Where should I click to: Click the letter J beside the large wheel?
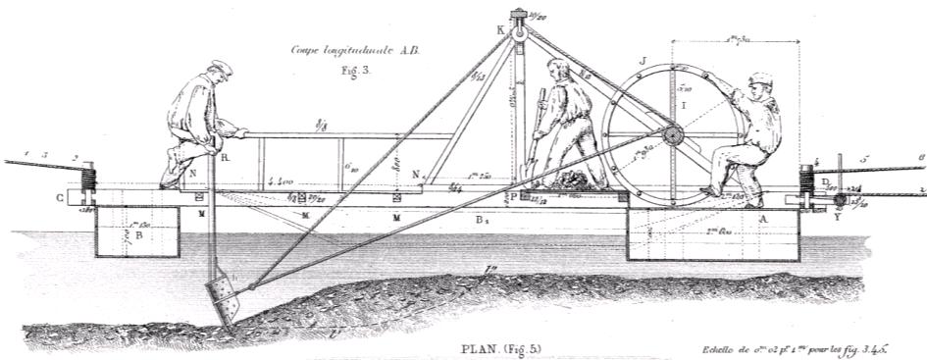pos(642,62)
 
